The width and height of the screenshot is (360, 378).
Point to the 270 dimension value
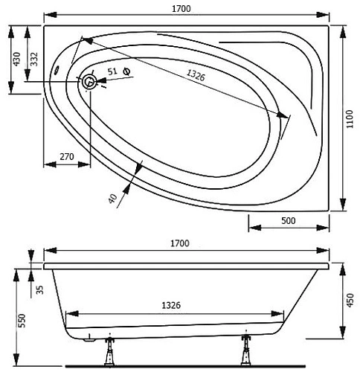(65, 157)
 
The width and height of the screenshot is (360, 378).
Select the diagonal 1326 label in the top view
(196, 74)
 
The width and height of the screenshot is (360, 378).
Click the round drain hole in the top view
(90, 82)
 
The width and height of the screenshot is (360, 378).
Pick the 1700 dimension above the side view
(179, 243)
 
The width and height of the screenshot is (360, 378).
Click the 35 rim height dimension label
(41, 288)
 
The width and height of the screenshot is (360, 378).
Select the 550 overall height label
(22, 320)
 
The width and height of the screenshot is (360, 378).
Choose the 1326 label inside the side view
(171, 305)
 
